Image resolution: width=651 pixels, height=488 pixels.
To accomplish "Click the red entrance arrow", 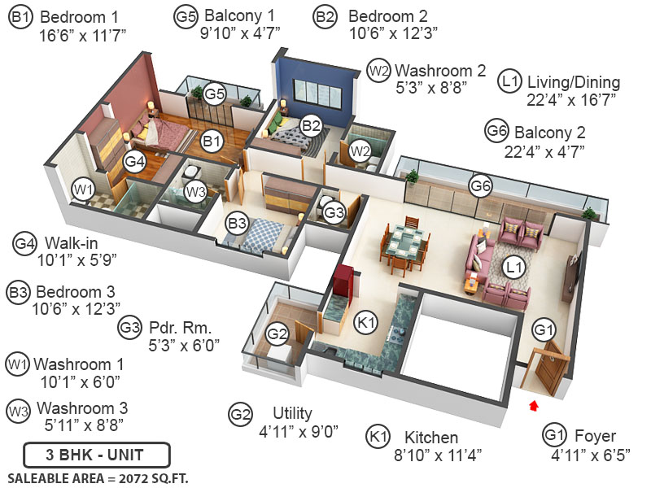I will (x=534, y=403).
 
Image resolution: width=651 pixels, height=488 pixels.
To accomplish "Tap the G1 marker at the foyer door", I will (x=544, y=330).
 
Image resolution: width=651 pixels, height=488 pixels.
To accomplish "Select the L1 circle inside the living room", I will (x=513, y=266).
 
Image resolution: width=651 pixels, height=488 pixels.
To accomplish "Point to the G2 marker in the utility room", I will (x=277, y=333).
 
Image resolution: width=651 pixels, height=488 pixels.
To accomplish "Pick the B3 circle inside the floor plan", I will (x=237, y=222).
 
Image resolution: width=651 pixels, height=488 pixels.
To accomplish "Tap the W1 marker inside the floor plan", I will (x=82, y=190).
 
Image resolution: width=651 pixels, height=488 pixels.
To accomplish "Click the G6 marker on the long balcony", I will (x=481, y=186).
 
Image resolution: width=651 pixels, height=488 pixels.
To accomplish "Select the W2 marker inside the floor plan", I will (x=360, y=150).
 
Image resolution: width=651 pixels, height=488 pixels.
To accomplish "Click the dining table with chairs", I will (x=405, y=245).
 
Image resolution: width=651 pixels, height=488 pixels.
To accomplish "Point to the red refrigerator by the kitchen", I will (x=343, y=281).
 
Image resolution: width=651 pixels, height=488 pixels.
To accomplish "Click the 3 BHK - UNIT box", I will (x=96, y=453).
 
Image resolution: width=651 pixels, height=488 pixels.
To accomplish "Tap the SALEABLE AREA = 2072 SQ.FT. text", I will (x=98, y=478).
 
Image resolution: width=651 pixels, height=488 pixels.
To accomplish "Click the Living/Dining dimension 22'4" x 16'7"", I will (x=570, y=99).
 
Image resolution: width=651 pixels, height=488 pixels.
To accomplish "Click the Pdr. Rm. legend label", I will (x=180, y=329).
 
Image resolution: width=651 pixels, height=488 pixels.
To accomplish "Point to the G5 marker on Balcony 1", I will (x=215, y=94).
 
